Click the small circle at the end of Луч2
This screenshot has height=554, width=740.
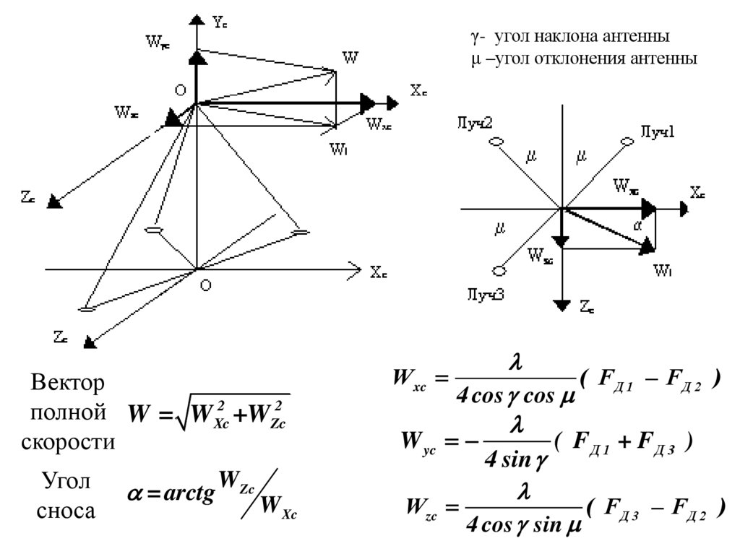(495, 142)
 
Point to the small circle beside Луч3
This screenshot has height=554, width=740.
(498, 272)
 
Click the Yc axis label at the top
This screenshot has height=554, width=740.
(220, 22)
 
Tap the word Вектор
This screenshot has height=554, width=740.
(68, 382)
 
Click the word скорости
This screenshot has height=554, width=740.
(68, 442)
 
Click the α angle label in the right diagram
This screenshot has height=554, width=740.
(637, 226)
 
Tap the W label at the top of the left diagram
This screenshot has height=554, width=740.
(350, 58)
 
